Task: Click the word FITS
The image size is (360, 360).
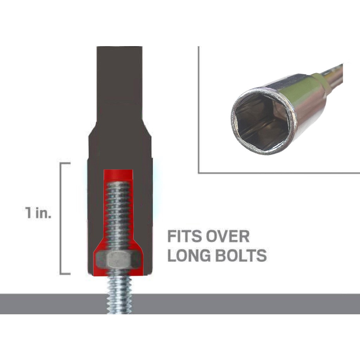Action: tap(183, 237)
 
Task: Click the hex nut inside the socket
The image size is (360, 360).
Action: tap(118, 260)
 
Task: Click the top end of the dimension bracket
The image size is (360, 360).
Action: tap(65, 163)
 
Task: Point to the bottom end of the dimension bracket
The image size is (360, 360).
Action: tap(65, 273)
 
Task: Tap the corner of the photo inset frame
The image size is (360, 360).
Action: tap(199, 173)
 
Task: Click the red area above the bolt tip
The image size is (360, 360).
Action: tap(118, 174)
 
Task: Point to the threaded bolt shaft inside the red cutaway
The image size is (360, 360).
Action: tap(118, 214)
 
